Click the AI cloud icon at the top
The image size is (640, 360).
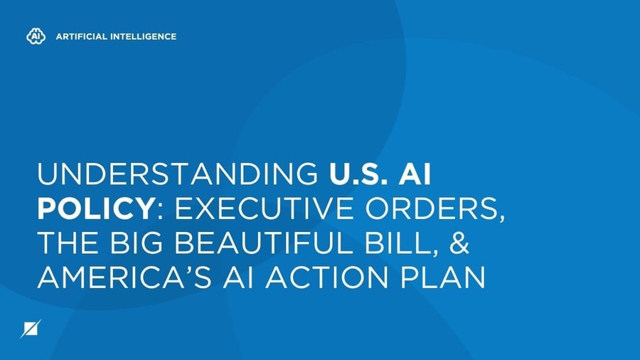pos(33,36)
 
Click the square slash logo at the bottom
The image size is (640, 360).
pos(33,329)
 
